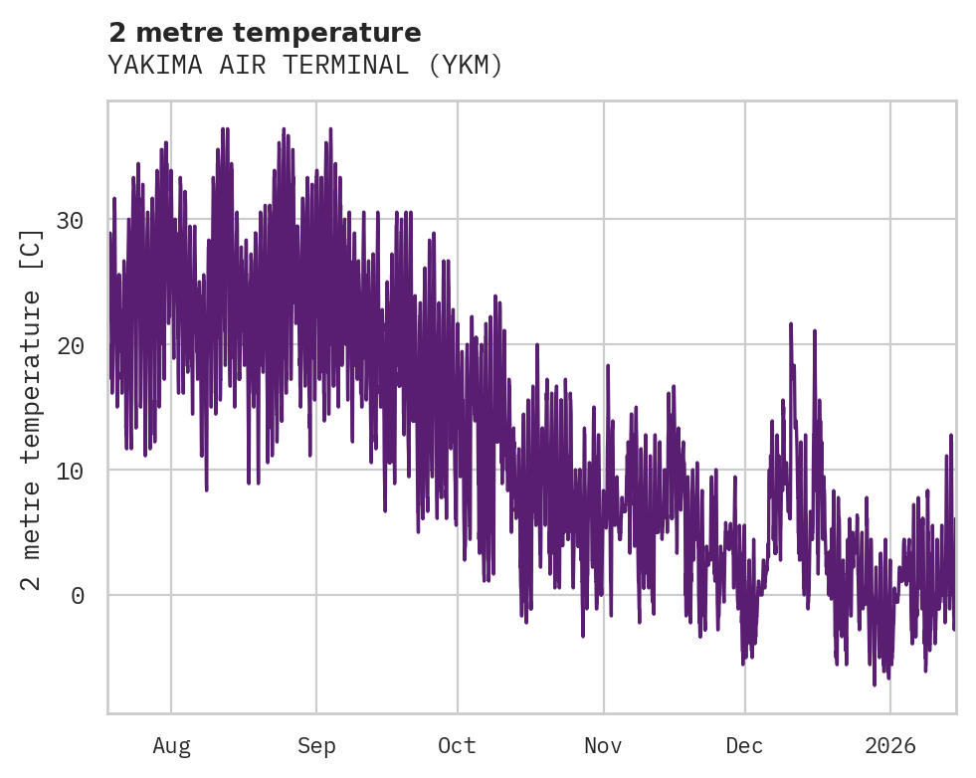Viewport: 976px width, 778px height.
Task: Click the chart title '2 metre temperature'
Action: [265, 33]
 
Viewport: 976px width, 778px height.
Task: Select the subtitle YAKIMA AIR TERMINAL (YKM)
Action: [305, 66]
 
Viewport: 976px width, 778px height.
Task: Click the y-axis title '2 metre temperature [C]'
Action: [32, 410]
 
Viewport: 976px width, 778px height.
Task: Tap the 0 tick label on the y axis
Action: [76, 596]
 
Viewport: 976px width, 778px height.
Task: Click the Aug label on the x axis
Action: [171, 746]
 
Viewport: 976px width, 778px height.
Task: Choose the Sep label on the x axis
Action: [316, 746]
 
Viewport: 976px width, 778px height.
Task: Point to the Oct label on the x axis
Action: [458, 746]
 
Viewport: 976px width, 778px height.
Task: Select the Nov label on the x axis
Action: [603, 746]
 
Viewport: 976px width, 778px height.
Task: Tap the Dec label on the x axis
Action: [744, 746]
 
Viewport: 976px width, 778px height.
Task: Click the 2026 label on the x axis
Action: [890, 746]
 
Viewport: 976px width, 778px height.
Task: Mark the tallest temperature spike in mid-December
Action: [791, 324]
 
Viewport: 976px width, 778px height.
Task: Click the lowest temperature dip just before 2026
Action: [875, 683]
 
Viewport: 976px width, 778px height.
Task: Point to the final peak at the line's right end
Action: [950, 436]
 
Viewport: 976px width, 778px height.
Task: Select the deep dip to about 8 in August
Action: [206, 488]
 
